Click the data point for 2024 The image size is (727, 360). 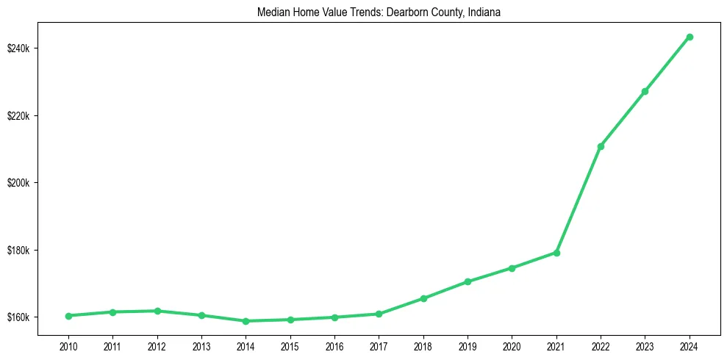click(x=690, y=37)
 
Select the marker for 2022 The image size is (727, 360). click(x=601, y=146)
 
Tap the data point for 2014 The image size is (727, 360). click(x=246, y=321)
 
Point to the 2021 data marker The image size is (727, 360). click(x=556, y=253)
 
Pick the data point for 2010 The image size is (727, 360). click(x=68, y=316)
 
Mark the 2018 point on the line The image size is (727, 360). click(x=423, y=298)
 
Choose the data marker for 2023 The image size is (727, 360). click(x=645, y=91)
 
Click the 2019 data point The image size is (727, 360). click(x=468, y=281)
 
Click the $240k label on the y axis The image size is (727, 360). click(x=18, y=48)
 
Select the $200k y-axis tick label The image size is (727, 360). click(x=18, y=183)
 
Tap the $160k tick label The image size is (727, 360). click(x=18, y=317)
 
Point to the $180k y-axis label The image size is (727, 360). click(x=18, y=251)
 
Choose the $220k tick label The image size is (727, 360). click(x=18, y=116)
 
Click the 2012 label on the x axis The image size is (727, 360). click(x=157, y=347)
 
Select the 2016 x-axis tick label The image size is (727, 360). click(x=334, y=347)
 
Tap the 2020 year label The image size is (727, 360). click(x=512, y=347)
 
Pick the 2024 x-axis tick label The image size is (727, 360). click(x=690, y=347)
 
